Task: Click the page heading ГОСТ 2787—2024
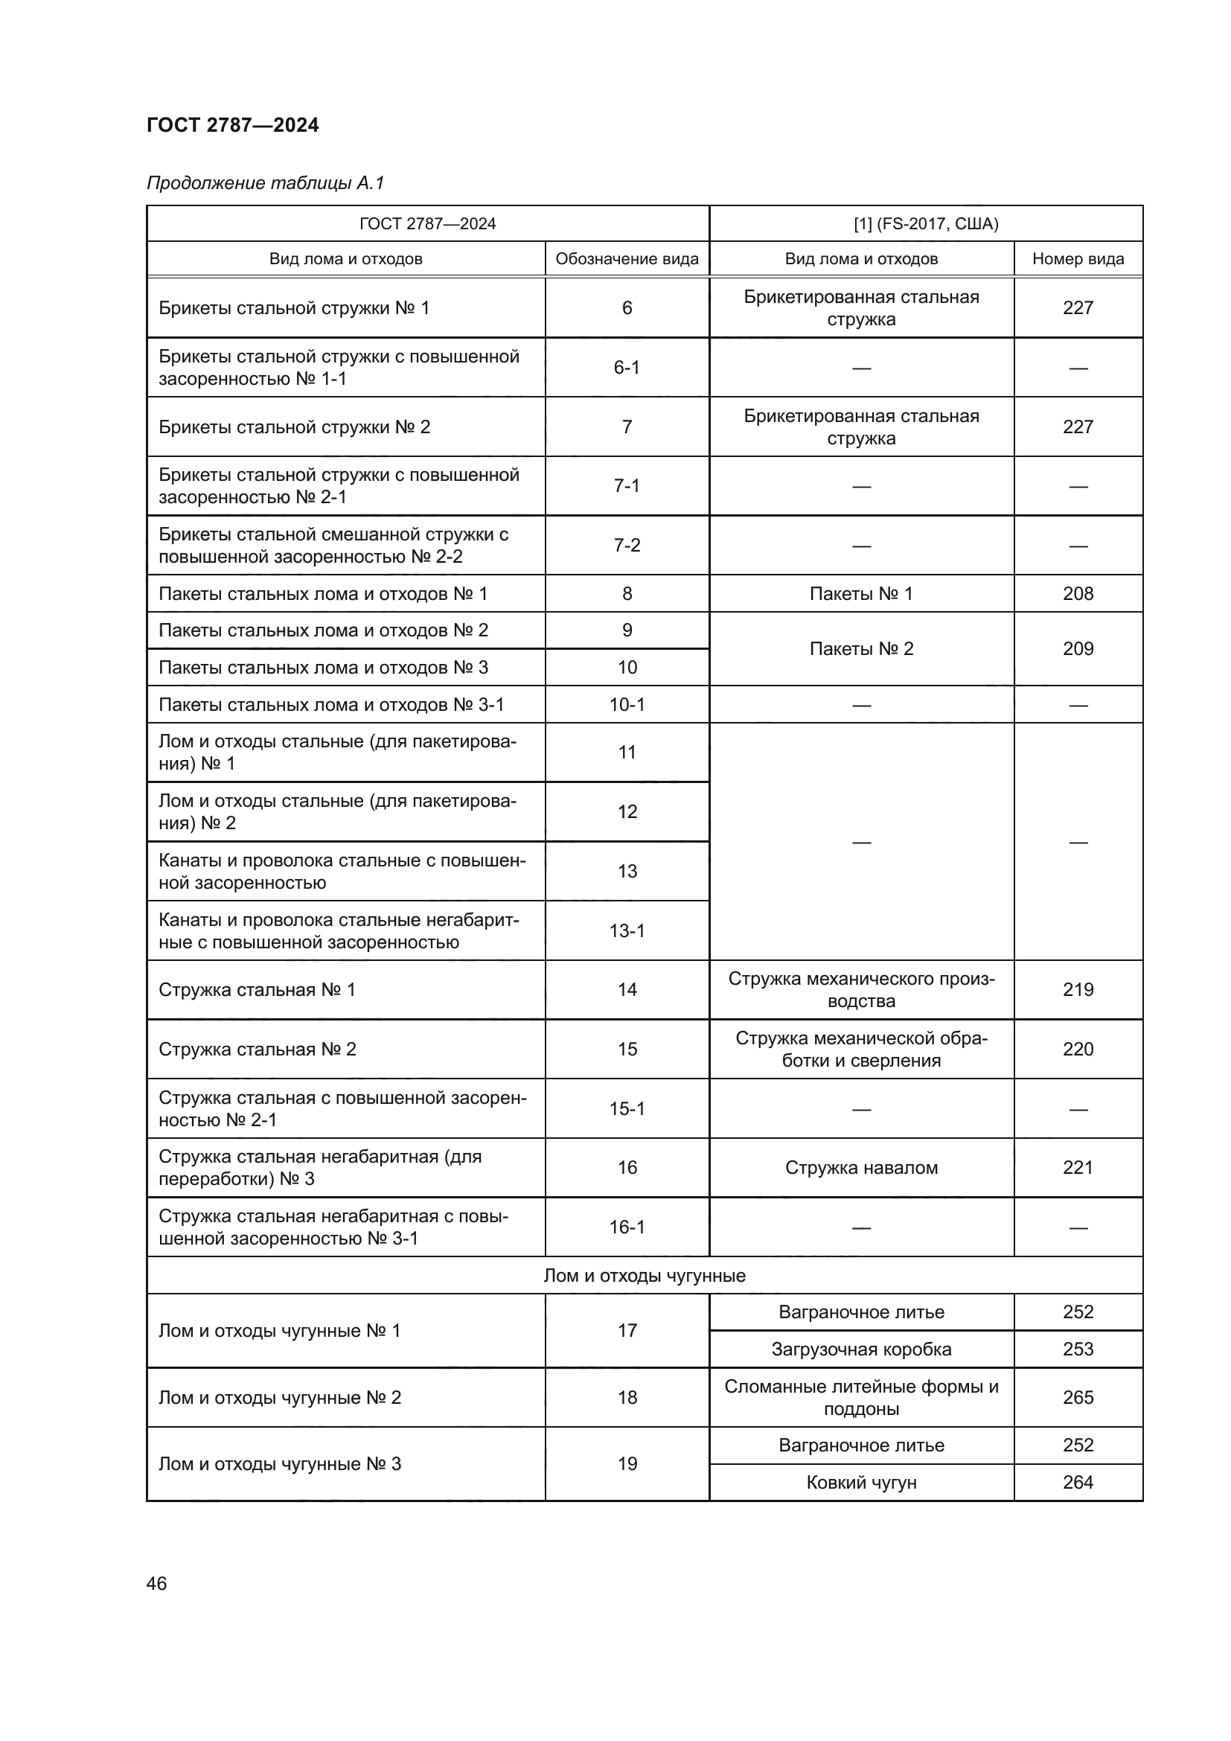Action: click(233, 125)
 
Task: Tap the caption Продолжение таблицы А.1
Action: click(265, 183)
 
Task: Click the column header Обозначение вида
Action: click(627, 258)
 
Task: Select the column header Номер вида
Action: click(1077, 258)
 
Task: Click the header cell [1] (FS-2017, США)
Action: click(926, 224)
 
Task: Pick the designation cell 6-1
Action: click(627, 368)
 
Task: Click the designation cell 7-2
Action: click(627, 545)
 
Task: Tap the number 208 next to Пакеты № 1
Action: click(1077, 594)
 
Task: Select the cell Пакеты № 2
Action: click(861, 649)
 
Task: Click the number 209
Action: click(1077, 649)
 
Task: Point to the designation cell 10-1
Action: click(627, 705)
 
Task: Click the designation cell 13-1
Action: click(627, 930)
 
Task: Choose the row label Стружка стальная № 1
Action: click(257, 989)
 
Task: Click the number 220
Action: click(1077, 1050)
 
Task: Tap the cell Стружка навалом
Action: click(861, 1168)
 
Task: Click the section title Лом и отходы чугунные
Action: click(645, 1276)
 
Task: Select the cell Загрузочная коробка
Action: click(861, 1349)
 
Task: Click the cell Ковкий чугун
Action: click(861, 1483)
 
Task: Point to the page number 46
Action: click(157, 1583)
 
